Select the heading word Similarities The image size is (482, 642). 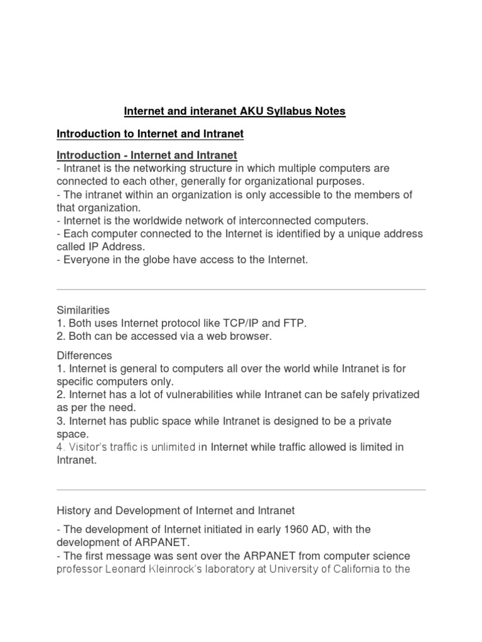click(x=83, y=310)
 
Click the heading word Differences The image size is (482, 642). click(x=84, y=355)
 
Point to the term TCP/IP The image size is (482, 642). click(x=245, y=323)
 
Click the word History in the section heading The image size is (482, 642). click(x=73, y=510)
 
